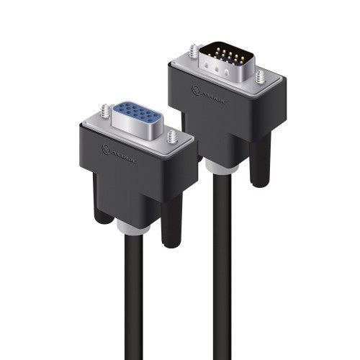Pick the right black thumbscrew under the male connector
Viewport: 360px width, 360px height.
click(x=260, y=158)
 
